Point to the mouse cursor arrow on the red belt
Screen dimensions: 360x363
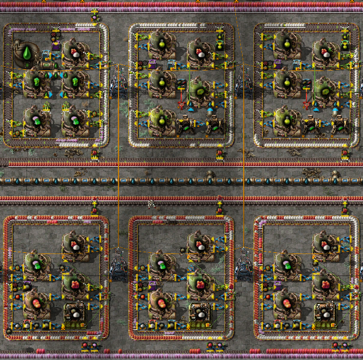151,203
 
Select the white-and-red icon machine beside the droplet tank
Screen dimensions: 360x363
75,52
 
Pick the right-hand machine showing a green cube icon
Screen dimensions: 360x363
75,81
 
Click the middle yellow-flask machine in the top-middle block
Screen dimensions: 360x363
161,81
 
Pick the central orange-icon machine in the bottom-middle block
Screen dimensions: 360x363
199,283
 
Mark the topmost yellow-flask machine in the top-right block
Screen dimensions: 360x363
288,52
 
